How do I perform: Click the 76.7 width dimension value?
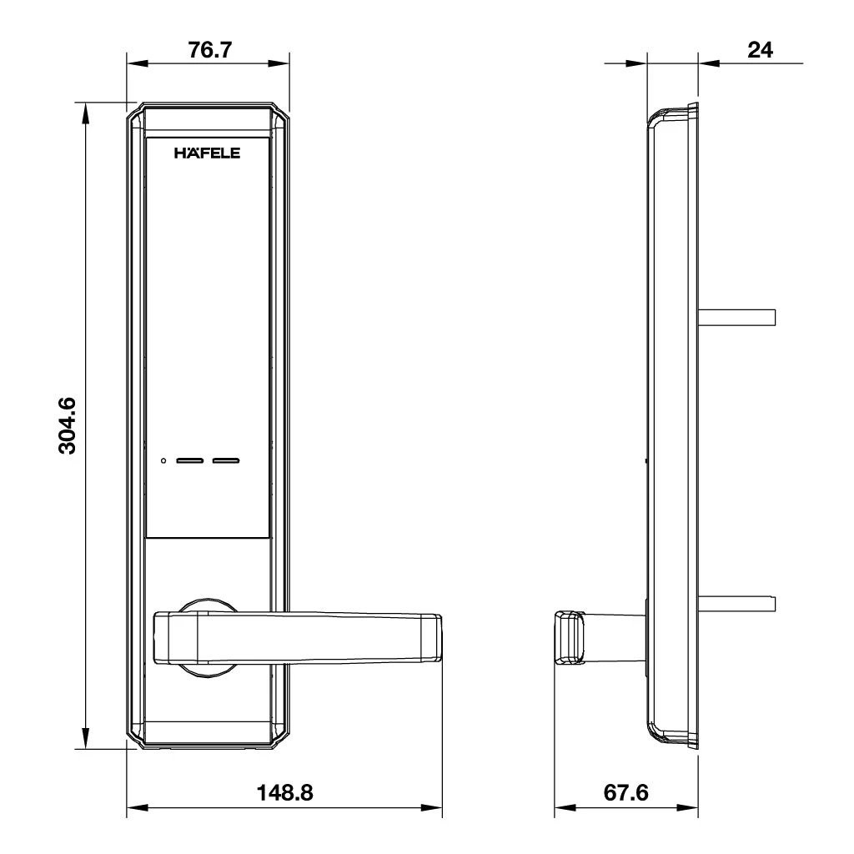(x=209, y=49)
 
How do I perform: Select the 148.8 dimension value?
(x=284, y=792)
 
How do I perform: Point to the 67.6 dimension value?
(x=625, y=792)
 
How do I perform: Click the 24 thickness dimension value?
(x=759, y=49)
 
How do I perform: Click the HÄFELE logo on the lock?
(x=207, y=153)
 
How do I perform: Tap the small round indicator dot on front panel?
(x=164, y=460)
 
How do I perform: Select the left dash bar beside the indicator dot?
(x=190, y=460)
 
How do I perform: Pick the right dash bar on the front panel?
(x=225, y=460)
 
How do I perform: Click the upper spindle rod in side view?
(x=737, y=317)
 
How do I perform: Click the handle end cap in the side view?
(x=569, y=638)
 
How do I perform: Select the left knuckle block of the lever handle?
(x=175, y=638)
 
